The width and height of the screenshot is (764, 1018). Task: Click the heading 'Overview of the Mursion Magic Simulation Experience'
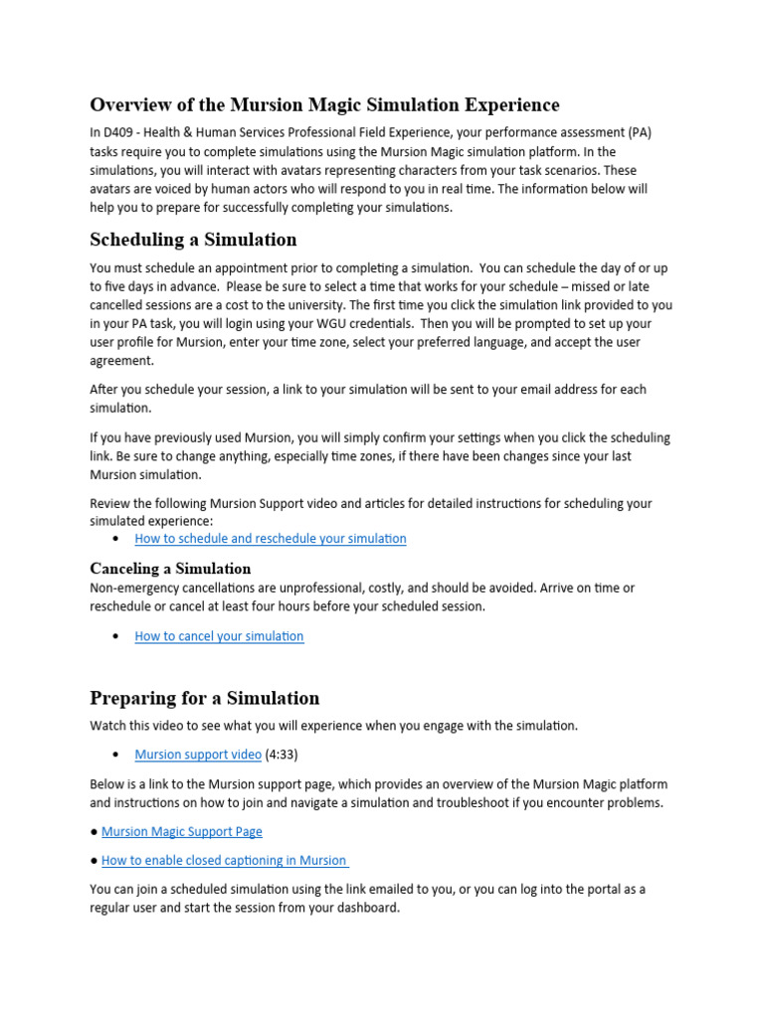[x=324, y=104]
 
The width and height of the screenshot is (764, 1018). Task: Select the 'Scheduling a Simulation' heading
[x=193, y=240]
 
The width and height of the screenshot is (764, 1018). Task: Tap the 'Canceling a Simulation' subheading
[x=170, y=569]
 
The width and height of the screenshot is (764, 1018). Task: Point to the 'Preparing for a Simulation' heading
[x=205, y=698]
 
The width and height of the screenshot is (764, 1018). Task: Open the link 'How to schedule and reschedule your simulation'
[x=271, y=539]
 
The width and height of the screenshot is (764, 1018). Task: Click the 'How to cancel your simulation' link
[x=219, y=636]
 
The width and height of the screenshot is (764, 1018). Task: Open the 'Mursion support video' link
[x=198, y=755]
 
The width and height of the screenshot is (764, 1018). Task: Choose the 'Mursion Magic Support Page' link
[x=182, y=831]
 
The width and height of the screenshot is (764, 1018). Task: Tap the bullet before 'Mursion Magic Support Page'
[x=94, y=831]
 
